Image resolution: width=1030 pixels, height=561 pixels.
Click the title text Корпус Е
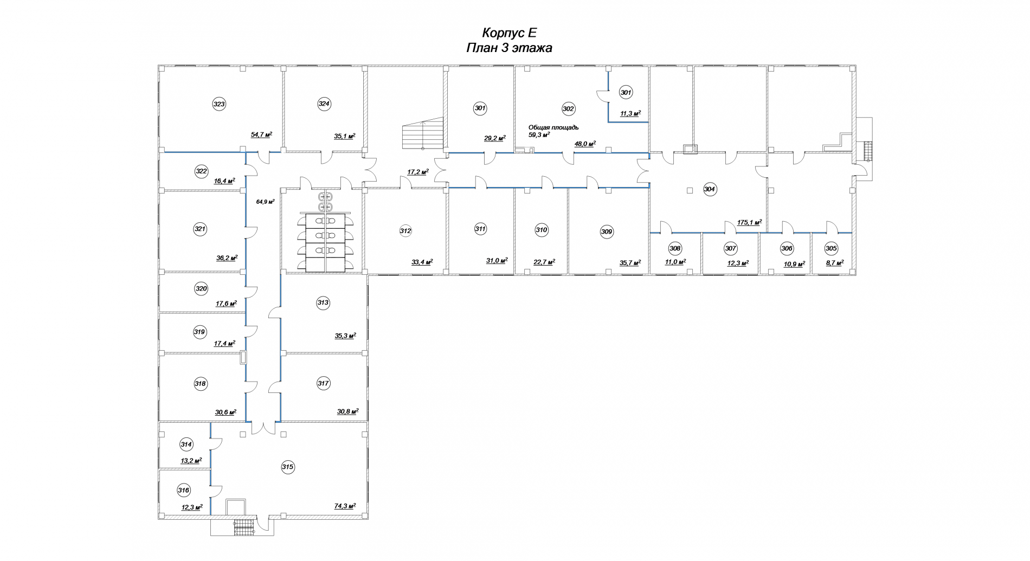click(509, 33)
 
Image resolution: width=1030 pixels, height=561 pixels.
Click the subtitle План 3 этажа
click(509, 48)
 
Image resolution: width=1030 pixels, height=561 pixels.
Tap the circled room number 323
click(219, 105)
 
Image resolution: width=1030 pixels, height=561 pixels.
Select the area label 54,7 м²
click(261, 134)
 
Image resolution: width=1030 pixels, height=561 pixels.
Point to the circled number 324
click(324, 104)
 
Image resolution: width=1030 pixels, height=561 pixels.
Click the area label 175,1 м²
click(749, 222)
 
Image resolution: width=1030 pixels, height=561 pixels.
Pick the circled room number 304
click(710, 189)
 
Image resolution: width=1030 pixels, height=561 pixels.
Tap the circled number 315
click(287, 467)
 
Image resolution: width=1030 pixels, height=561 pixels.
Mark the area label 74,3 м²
click(345, 506)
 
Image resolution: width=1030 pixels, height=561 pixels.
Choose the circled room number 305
click(831, 248)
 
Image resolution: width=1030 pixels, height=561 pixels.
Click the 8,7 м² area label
click(834, 263)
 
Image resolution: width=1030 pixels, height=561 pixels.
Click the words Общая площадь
click(553, 127)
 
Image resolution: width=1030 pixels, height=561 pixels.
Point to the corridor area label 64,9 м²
click(265, 202)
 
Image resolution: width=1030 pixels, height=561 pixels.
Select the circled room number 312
click(405, 231)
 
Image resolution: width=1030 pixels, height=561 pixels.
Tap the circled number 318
click(201, 384)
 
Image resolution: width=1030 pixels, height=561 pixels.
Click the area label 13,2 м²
click(191, 461)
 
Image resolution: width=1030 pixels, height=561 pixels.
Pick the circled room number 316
click(184, 491)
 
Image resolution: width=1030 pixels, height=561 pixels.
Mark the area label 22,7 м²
click(544, 262)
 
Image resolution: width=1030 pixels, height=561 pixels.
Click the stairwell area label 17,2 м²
click(418, 172)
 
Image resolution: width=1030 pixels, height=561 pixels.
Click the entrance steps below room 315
click(243, 528)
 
